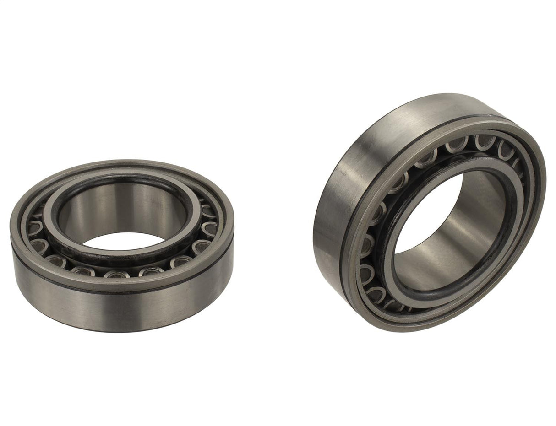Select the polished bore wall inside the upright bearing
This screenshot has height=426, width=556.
[x=472, y=220]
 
